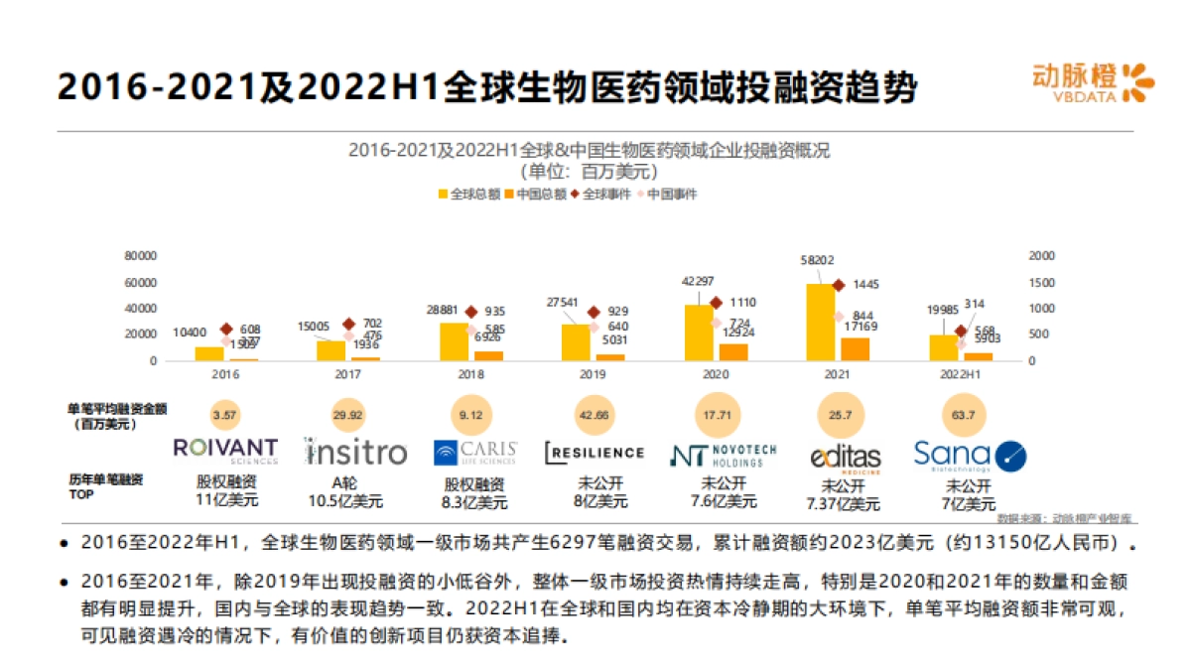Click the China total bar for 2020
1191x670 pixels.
[733, 351]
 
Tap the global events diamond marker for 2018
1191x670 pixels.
[471, 312]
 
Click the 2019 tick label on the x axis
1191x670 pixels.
[593, 375]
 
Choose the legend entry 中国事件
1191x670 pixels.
[666, 194]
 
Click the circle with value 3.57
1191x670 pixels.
[226, 414]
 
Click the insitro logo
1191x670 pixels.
[355, 453]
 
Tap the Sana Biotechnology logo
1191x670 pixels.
[970, 456]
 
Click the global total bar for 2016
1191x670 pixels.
[209, 353]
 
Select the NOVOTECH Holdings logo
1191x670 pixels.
[723, 455]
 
